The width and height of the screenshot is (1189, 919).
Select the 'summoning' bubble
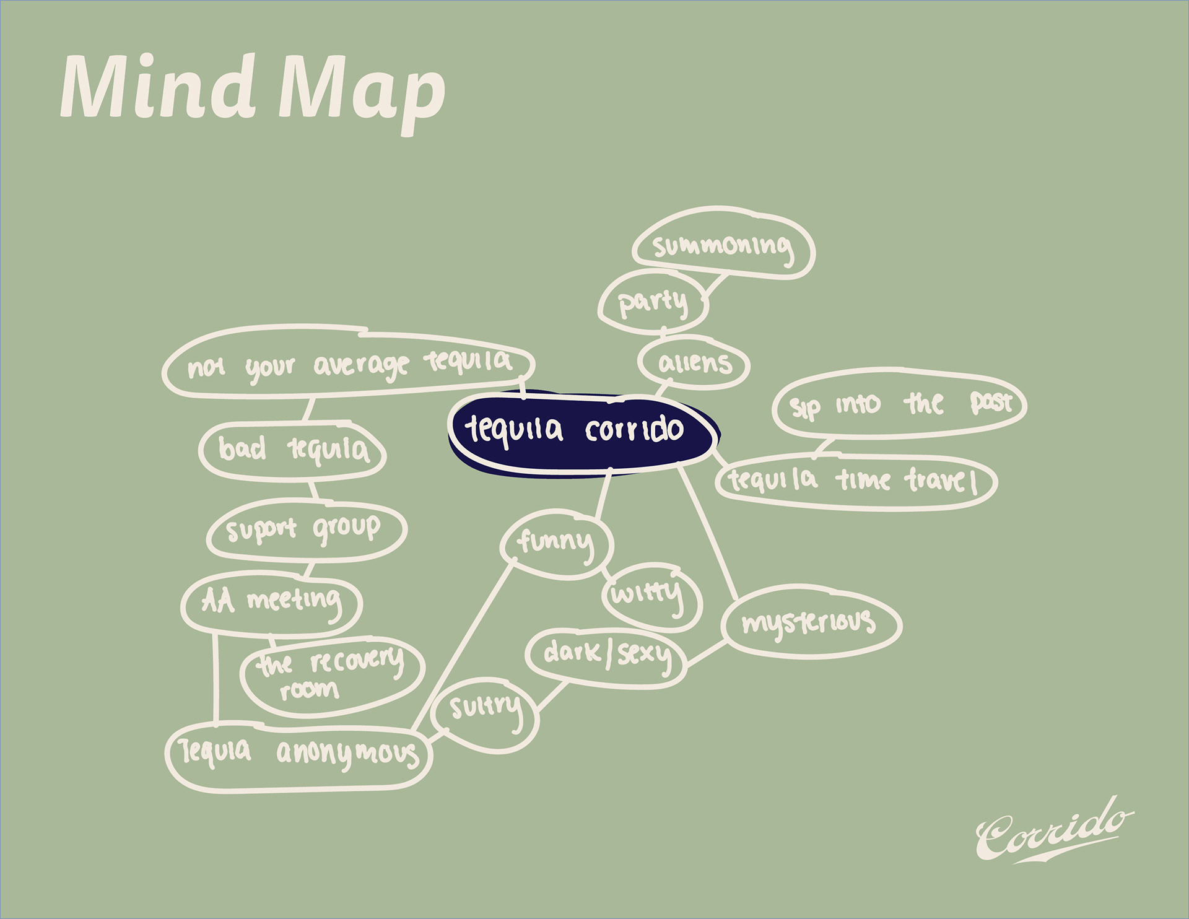(723, 245)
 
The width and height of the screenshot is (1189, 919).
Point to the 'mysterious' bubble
(811, 622)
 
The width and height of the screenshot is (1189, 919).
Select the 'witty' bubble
(650, 595)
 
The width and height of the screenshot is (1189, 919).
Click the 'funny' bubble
(557, 542)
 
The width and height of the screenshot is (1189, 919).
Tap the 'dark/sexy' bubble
(606, 657)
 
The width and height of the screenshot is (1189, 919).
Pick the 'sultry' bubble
(485, 712)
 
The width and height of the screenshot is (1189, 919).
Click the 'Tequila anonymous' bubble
(298, 755)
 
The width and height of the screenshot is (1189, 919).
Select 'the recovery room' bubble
(331, 674)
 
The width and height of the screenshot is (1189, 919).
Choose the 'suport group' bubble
(305, 530)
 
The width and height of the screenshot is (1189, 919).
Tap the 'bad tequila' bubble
(293, 450)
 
